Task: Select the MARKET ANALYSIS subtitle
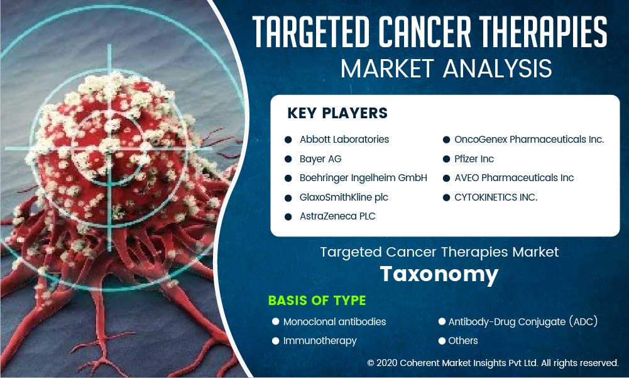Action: pos(446,69)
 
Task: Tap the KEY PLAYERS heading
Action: pos(337,113)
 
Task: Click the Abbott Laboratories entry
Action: pos(344,140)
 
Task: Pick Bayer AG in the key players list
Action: pos(320,159)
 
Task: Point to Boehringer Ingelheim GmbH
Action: pos(363,178)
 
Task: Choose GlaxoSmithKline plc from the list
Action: pos(344,197)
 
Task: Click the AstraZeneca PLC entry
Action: pos(337,216)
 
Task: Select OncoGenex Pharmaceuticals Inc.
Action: pos(529,140)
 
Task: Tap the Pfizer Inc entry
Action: pos(474,159)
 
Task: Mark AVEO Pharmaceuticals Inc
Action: pos(514,178)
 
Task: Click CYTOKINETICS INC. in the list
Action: pos(496,197)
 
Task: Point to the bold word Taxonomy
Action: pos(439,275)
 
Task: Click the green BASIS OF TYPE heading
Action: pos(317,301)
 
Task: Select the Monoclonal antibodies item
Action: pos(334,322)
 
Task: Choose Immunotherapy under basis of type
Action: pos(320,341)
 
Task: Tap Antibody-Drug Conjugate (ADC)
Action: pos(523,322)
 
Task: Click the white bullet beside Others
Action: pos(442,341)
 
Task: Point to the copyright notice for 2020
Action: pos(493,363)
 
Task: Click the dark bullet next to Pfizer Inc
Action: pos(447,159)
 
